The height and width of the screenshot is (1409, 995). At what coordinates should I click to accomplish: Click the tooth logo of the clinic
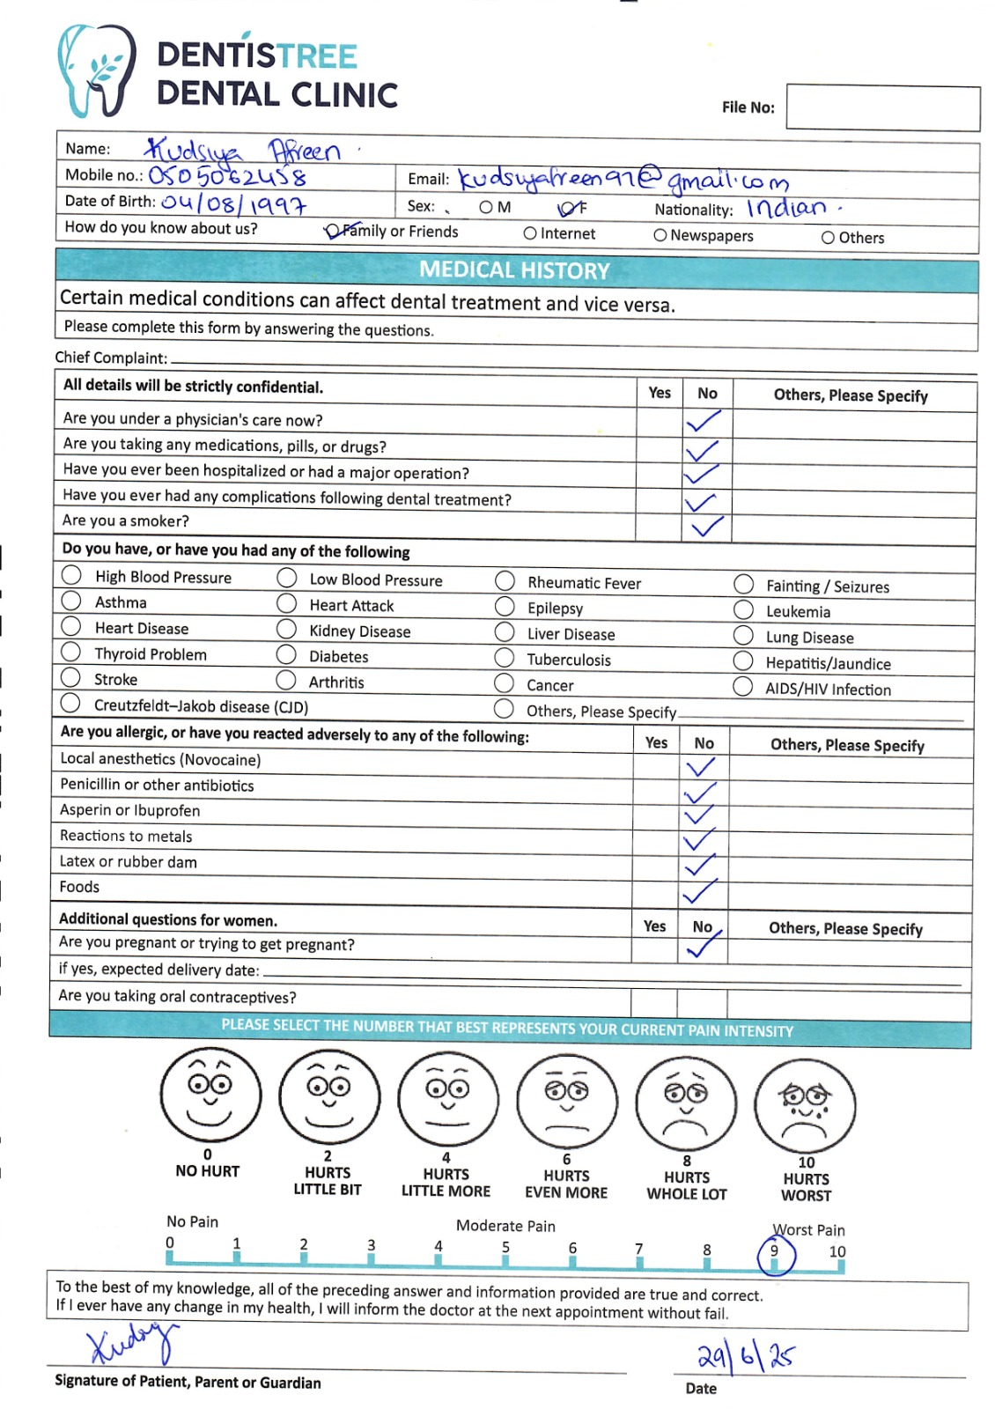[x=95, y=70]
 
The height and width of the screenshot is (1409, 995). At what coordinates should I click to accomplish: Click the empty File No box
[x=882, y=108]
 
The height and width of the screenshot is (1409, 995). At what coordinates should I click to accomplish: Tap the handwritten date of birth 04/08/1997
[x=233, y=204]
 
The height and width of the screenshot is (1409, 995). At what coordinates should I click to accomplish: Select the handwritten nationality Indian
[x=788, y=209]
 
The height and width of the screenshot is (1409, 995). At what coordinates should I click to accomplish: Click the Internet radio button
[x=530, y=233]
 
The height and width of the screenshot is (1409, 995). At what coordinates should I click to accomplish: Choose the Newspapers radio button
[x=660, y=235]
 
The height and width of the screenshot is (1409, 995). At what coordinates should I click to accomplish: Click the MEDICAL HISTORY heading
[x=514, y=270]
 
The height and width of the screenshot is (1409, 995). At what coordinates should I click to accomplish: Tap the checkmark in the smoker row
[x=706, y=526]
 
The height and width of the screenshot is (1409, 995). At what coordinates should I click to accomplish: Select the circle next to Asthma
[x=71, y=601]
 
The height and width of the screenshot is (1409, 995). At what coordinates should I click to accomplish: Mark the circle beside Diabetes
[x=286, y=654]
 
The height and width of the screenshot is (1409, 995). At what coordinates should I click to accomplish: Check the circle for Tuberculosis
[x=505, y=658]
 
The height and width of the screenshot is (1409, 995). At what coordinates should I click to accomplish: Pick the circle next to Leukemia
[x=744, y=610]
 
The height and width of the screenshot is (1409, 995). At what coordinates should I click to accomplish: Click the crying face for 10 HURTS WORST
[x=805, y=1106]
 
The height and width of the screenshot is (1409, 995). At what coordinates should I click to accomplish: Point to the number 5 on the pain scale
[x=505, y=1247]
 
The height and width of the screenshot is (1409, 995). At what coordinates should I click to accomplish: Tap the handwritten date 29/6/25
[x=745, y=1356]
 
